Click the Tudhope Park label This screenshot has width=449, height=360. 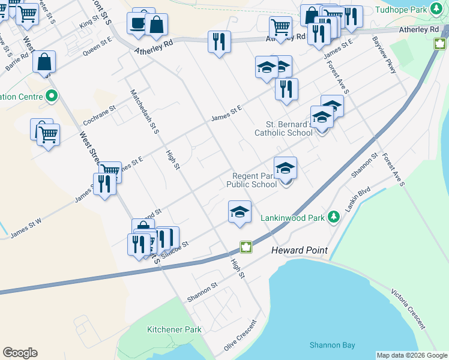(400, 10)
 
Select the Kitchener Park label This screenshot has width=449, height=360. (174, 329)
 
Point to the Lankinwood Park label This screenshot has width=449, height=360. (292, 218)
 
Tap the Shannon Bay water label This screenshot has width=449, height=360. (332, 345)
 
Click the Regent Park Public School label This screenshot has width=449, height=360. (252, 180)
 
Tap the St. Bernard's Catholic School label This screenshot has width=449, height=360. (283, 129)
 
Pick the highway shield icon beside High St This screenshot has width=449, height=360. (246, 247)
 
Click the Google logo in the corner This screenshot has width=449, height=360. (20, 353)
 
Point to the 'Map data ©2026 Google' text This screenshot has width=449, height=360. (412, 355)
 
